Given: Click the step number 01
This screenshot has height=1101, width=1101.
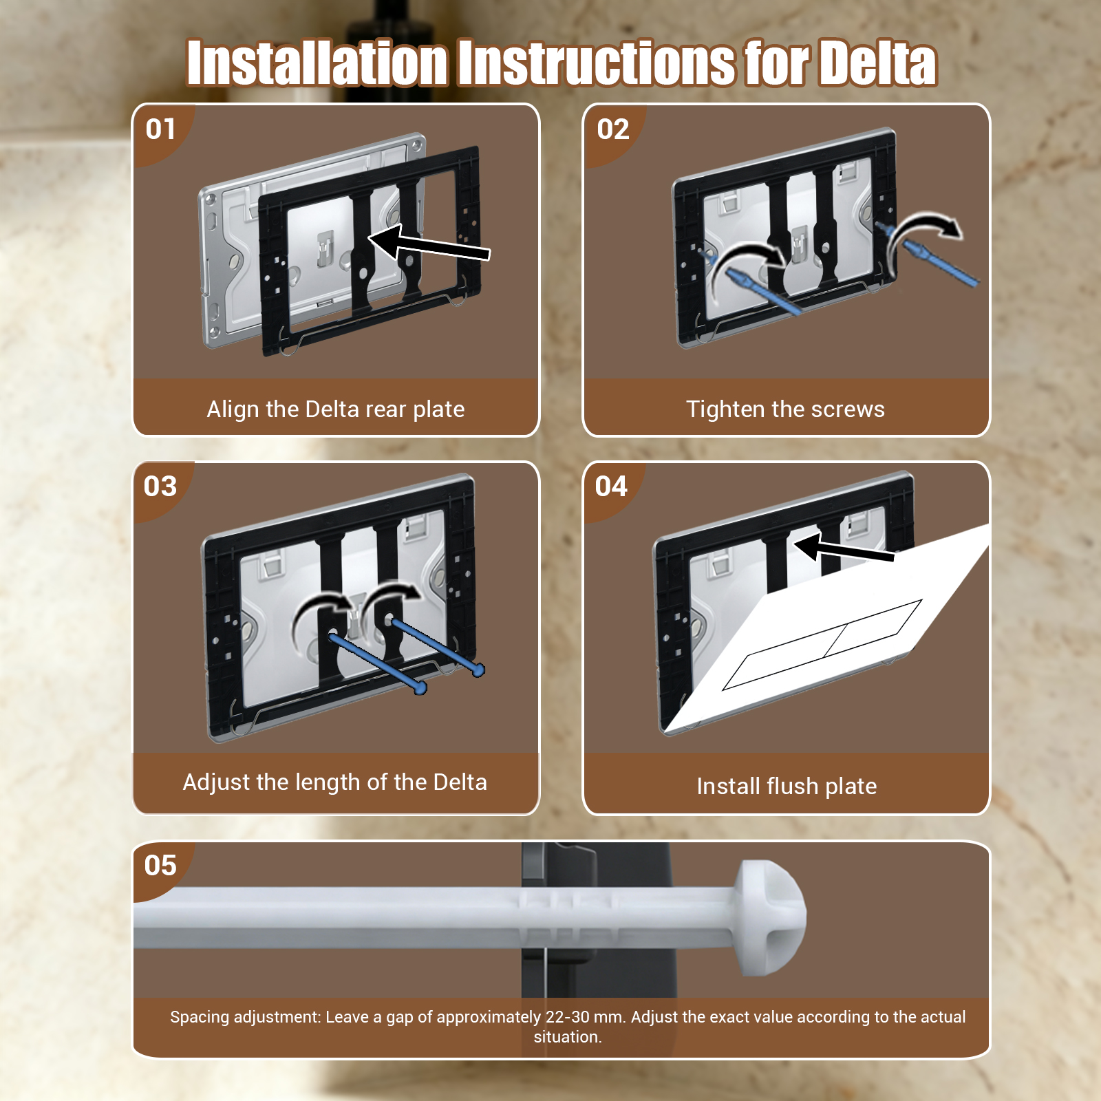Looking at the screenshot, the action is [160, 129].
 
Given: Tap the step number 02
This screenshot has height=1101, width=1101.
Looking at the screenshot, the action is [613, 129].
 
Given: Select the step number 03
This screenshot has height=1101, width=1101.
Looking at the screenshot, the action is [160, 487].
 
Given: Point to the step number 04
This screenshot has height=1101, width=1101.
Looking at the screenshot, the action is [611, 487].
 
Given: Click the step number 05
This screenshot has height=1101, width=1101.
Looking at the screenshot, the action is [160, 866].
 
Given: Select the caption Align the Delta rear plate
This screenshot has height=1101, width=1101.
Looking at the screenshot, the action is [336, 409].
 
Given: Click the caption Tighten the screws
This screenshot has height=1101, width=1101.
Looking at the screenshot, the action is [785, 409].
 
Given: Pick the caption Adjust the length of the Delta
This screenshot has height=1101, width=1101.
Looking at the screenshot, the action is [335, 782].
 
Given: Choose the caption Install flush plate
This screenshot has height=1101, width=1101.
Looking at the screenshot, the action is [787, 787].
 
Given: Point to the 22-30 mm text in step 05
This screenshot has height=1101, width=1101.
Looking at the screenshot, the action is [586, 1017].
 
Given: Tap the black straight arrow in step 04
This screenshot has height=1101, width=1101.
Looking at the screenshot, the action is [844, 548].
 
